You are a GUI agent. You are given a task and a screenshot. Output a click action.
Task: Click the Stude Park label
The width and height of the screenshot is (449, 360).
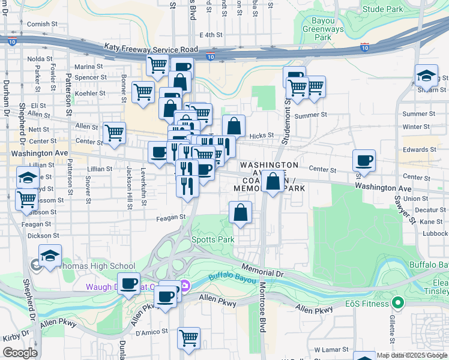pyautogui.click(x=383, y=9)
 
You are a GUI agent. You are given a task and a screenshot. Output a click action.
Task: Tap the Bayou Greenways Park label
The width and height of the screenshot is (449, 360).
pyautogui.click(x=324, y=28)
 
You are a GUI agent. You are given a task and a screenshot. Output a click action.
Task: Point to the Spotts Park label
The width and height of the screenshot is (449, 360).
pyautogui.click(x=212, y=239)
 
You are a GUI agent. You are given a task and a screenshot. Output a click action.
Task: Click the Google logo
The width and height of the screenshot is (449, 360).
pyautogui.click(x=20, y=353)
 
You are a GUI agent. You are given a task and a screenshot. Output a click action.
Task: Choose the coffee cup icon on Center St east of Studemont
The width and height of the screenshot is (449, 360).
pyautogui.click(x=364, y=161)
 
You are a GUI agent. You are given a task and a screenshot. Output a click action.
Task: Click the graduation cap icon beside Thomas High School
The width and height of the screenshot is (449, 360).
pyautogui.click(x=50, y=256)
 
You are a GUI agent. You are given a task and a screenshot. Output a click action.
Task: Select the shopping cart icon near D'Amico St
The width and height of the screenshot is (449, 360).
pyautogui.click(x=188, y=338)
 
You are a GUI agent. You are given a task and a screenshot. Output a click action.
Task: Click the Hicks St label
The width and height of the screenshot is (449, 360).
pyautogui.click(x=262, y=136)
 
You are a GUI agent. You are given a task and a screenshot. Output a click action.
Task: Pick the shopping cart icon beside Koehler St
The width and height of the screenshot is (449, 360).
pyautogui.click(x=143, y=92)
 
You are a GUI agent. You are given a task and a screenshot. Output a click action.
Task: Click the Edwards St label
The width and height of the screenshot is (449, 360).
pyautogui.click(x=415, y=149)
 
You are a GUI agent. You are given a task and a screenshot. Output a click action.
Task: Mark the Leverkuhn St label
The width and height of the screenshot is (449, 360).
pyautogui.click(x=143, y=187)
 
